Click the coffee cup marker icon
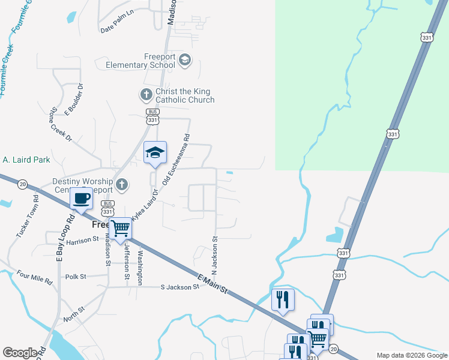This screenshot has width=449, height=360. click(81, 198)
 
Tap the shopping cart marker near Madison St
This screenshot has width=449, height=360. click(121, 229)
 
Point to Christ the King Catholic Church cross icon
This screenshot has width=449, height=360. click(146, 94)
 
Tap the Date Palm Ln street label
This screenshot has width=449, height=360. click(117, 28)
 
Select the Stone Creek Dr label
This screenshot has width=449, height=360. click(61, 124)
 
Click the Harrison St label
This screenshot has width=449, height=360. click(82, 241)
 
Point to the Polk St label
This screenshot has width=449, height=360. click(76, 277)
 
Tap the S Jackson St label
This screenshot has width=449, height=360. click(179, 287)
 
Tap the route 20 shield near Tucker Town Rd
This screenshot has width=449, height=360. click(22, 184)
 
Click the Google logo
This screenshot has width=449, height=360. click(20, 353)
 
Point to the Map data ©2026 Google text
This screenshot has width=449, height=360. click(411, 355)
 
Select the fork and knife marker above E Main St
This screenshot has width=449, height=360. click(283, 299)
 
